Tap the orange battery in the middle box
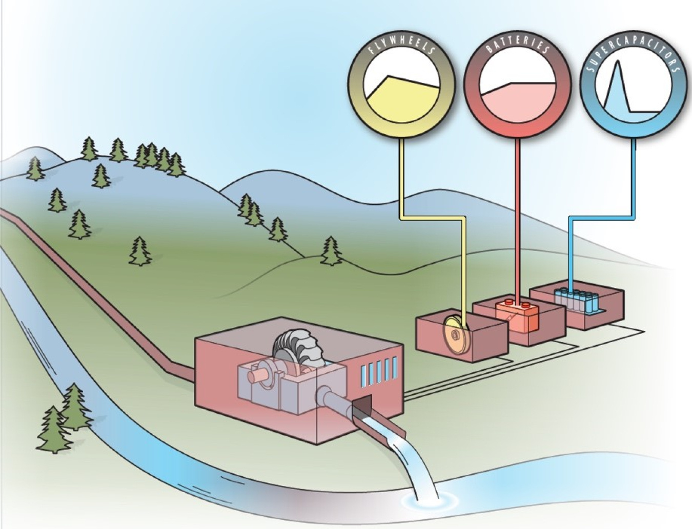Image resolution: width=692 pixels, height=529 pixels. click(x=517, y=312)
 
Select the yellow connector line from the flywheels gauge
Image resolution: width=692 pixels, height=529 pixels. click(x=401, y=179)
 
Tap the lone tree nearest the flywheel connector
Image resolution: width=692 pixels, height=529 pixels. click(x=331, y=251)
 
